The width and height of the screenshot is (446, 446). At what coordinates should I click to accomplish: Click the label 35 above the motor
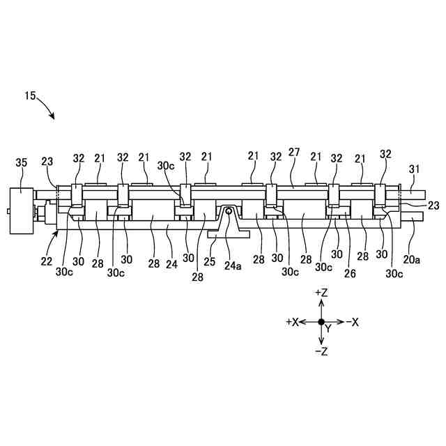(x=22, y=163)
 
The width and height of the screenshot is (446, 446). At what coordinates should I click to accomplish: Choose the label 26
(x=349, y=275)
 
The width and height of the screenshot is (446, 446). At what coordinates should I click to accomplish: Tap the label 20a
(x=412, y=259)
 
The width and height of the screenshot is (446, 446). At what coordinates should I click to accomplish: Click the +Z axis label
(x=321, y=293)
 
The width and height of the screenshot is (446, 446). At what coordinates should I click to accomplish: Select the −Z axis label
(x=321, y=352)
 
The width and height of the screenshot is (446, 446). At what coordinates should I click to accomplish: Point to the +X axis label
(x=292, y=323)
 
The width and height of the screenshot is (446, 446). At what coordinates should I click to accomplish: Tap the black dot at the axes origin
(x=321, y=322)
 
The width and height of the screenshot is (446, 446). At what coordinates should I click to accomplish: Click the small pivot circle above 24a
(x=228, y=211)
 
